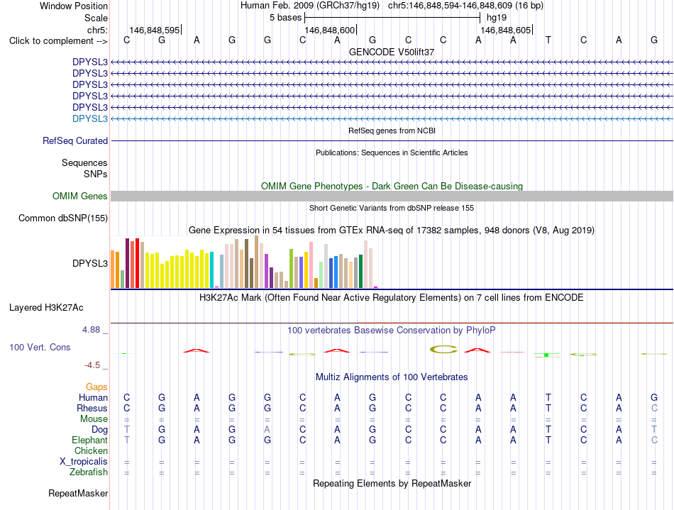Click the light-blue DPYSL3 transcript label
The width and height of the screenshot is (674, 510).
tap(90, 118)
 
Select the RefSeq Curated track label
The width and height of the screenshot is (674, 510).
tap(75, 140)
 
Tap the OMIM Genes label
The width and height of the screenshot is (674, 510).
tap(80, 196)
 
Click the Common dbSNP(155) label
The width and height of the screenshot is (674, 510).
tap(63, 218)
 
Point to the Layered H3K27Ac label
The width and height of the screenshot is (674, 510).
tap(46, 307)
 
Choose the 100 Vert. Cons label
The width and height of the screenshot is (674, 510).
tap(40, 347)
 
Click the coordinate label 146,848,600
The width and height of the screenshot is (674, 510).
tap(330, 30)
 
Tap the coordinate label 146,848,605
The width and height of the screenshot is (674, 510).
tap(505, 30)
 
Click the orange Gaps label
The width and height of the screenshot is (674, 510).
tap(96, 387)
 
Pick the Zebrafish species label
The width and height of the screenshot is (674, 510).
tap(89, 472)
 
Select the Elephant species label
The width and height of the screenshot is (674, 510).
tap(90, 440)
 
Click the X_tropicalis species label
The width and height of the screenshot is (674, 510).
tap(84, 462)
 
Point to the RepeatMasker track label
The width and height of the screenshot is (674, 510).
tap(78, 493)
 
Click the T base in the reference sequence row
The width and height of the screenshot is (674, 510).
tap(548, 40)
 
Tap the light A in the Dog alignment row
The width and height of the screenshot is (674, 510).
tap(267, 429)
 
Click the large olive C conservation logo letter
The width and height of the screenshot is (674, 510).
tap(443, 350)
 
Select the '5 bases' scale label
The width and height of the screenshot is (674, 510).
tap(285, 18)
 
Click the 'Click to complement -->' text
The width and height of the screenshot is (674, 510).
tap(58, 41)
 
